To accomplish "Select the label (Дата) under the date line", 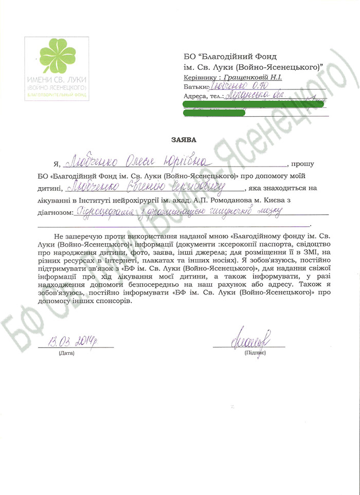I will tap(66, 354).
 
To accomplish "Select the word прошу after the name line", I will tap(302, 165).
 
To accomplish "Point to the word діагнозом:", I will tap(55, 211).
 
